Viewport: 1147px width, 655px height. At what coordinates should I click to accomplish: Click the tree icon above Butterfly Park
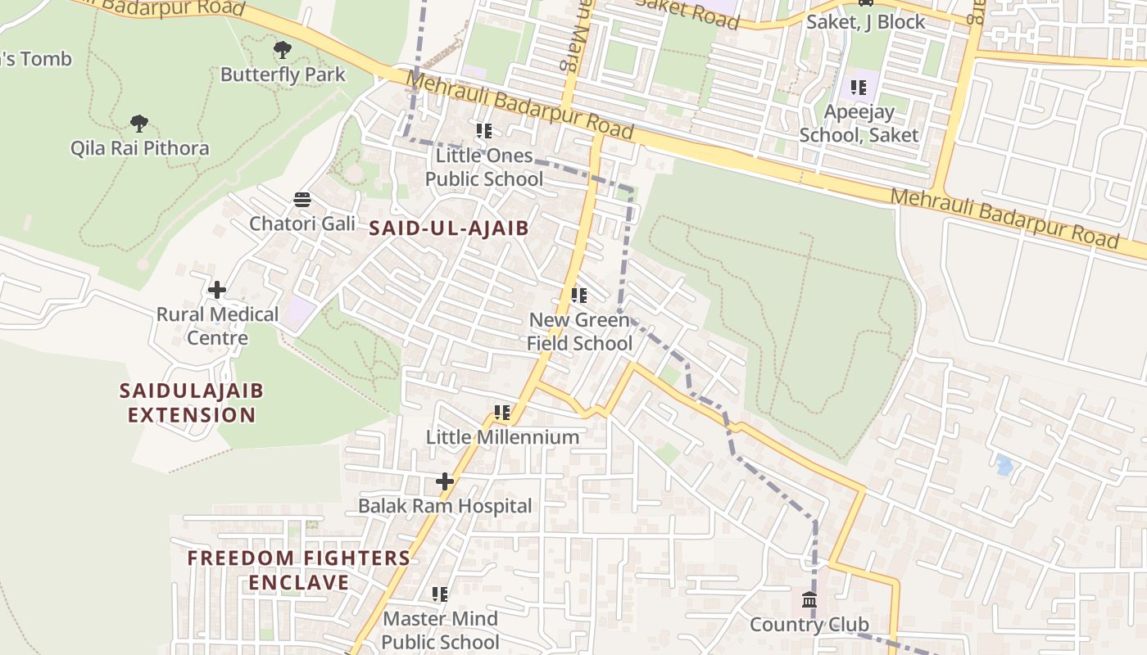[283, 50]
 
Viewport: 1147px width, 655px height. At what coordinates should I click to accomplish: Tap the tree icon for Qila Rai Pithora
[139, 124]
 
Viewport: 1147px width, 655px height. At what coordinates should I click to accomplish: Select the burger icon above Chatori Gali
[302, 199]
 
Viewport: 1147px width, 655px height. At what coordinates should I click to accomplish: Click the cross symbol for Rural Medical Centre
[217, 290]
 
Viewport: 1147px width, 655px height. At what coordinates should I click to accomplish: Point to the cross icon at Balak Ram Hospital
[444, 481]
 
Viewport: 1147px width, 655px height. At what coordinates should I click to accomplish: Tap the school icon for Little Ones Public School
[484, 130]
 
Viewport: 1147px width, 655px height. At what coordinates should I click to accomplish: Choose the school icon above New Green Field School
[579, 295]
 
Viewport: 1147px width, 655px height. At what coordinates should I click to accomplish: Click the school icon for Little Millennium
[502, 413]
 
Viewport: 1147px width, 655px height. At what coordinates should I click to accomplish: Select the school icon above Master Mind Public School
[440, 594]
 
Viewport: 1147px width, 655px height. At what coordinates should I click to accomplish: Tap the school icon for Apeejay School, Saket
[858, 87]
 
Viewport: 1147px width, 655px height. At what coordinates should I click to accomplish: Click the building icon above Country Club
[809, 600]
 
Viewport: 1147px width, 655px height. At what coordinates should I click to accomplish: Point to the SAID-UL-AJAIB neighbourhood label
[449, 228]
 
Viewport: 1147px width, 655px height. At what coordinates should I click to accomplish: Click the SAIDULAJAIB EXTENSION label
[192, 402]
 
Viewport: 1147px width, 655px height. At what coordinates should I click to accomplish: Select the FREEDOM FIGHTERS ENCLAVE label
[299, 570]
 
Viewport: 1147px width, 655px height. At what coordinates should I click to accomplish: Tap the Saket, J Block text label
[866, 22]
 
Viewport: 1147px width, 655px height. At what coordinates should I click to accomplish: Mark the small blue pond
[1004, 465]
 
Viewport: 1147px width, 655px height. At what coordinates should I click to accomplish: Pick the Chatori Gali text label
[302, 224]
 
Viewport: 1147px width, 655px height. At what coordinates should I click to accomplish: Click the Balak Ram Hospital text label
[445, 506]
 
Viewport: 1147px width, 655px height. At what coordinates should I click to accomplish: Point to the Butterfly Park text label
[283, 75]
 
